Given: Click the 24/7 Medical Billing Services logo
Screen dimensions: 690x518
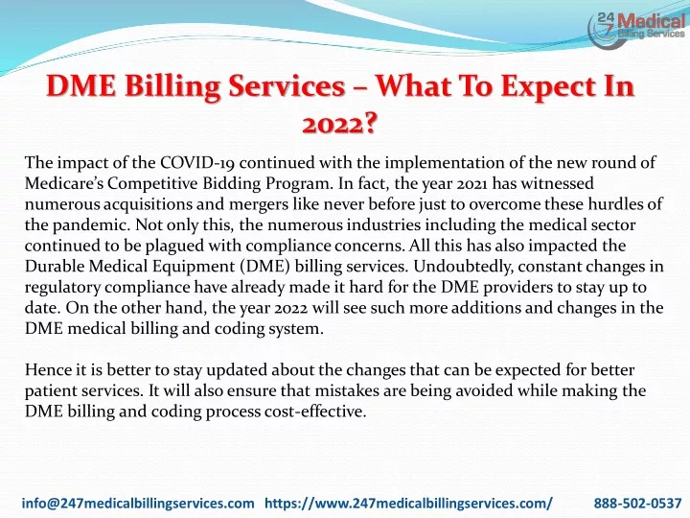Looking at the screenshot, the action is coord(636,28).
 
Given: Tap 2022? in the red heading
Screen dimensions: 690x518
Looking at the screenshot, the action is coord(339,124).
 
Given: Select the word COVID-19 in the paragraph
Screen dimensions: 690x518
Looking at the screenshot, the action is coord(196,162).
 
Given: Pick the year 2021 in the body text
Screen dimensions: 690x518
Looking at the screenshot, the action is coord(471,183).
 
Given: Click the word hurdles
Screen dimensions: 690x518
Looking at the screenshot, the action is coord(615,204).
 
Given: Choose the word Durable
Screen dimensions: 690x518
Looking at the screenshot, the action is coord(54,266).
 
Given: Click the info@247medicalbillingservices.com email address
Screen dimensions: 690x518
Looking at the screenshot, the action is coord(138,503).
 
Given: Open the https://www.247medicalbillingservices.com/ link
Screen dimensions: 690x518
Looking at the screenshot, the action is coord(409,503).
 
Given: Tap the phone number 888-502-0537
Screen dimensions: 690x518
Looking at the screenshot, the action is coord(637,503).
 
